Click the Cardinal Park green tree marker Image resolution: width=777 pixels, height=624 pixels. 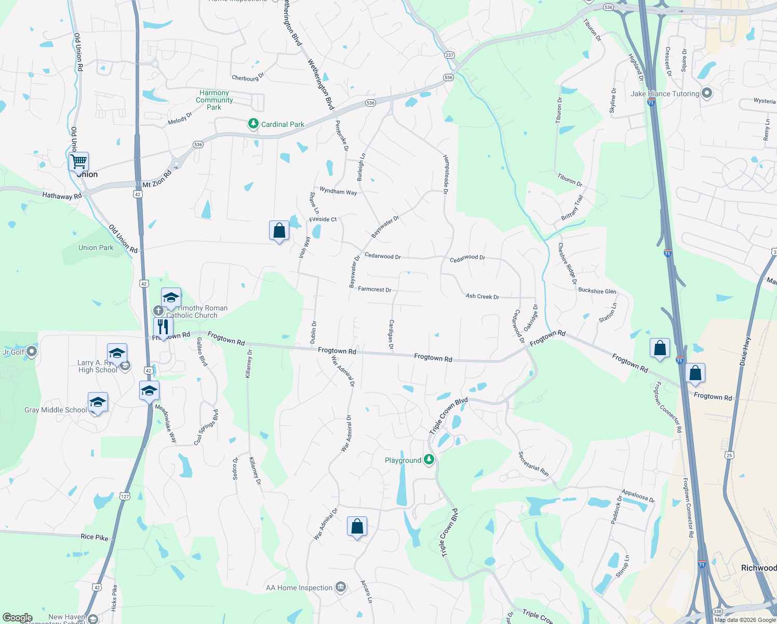pyautogui.click(x=253, y=124)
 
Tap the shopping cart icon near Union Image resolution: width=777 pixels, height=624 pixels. pyautogui.click(x=79, y=162)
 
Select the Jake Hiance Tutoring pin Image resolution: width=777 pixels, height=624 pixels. pyautogui.click(x=706, y=93)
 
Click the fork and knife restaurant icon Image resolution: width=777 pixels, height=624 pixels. pyautogui.click(x=163, y=327)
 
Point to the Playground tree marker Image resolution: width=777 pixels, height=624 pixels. pyautogui.click(x=428, y=460)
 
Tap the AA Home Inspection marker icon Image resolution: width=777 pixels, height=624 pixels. pyautogui.click(x=341, y=587)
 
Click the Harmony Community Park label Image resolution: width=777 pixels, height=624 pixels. pyautogui.click(x=214, y=100)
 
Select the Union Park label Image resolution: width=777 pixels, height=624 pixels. pyautogui.click(x=96, y=248)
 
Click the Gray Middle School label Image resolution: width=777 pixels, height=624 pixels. pyautogui.click(x=56, y=410)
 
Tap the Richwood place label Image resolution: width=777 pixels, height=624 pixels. pyautogui.click(x=758, y=568)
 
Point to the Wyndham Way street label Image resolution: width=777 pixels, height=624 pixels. pyautogui.click(x=338, y=191)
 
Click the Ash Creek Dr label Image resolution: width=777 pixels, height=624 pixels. pyautogui.click(x=482, y=296)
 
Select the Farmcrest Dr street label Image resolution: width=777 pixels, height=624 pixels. pyautogui.click(x=374, y=289)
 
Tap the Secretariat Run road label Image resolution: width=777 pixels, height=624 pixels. pyautogui.click(x=533, y=464)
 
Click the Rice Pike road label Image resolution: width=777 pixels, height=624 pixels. pyautogui.click(x=95, y=537)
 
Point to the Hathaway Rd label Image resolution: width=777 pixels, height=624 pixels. pyautogui.click(x=62, y=196)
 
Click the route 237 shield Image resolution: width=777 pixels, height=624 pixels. pyautogui.click(x=449, y=55)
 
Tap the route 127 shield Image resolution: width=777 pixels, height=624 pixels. pyautogui.click(x=125, y=496)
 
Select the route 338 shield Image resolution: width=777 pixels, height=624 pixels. pyautogui.click(x=717, y=612)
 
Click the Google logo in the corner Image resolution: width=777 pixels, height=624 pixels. pyautogui.click(x=17, y=618)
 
